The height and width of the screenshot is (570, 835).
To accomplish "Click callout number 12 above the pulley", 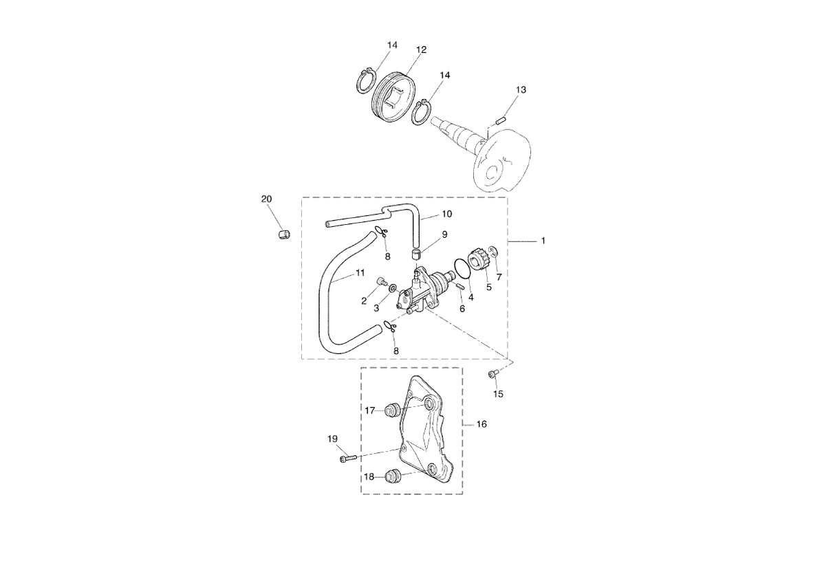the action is [x=421, y=50].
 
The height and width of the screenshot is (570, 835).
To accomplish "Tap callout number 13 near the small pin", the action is [x=521, y=90].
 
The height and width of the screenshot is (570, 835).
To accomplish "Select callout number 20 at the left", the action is [x=267, y=199].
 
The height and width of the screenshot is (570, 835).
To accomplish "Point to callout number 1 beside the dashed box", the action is [x=543, y=241].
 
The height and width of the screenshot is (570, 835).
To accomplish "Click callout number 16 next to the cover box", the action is [x=481, y=424].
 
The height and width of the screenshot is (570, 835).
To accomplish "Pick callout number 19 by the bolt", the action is [x=332, y=439].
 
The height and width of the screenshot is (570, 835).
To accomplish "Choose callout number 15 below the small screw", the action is [x=499, y=394].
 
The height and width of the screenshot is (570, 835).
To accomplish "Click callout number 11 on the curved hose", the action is [x=360, y=273].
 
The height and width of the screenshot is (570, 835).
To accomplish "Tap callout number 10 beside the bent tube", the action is [x=447, y=214].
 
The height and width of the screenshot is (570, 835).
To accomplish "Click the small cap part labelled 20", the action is [x=285, y=235].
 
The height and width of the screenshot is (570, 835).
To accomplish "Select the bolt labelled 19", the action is [x=349, y=458].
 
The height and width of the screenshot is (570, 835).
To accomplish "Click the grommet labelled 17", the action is [x=393, y=410].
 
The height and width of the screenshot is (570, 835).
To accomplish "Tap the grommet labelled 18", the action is [x=392, y=476].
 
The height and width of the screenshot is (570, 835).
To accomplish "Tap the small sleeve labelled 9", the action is [x=416, y=256].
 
